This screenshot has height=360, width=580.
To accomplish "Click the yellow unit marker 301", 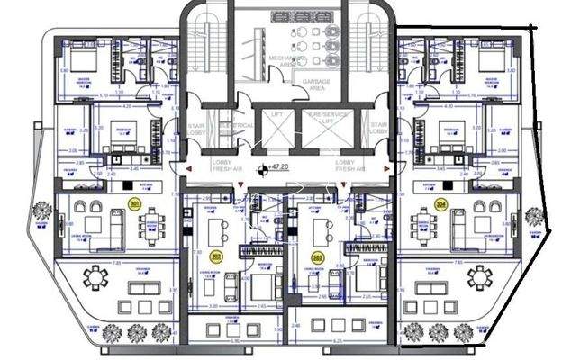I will [133, 204].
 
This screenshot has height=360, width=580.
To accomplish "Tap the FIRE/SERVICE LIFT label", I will [327, 118].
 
